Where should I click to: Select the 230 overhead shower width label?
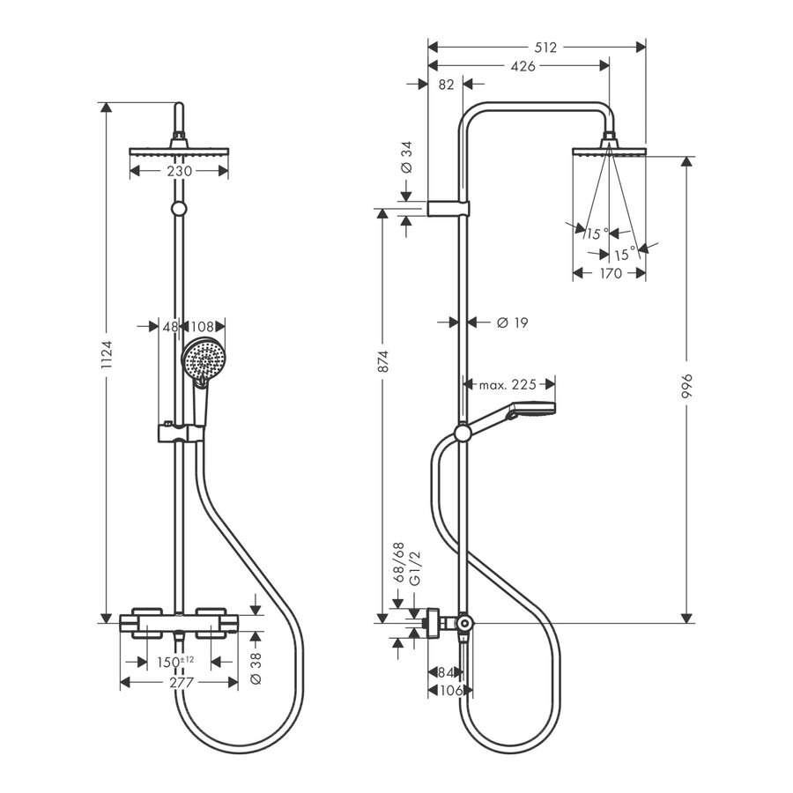coord(180,172)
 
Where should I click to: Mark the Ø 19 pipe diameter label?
coord(512,323)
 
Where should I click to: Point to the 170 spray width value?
coord(609,273)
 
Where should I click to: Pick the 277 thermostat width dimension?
coord(180,682)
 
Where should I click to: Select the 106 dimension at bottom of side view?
coord(449,690)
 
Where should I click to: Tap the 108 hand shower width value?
coord(204,325)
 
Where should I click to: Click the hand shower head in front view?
coord(204,360)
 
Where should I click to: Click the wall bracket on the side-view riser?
coord(448,208)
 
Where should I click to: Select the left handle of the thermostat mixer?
coord(145,615)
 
